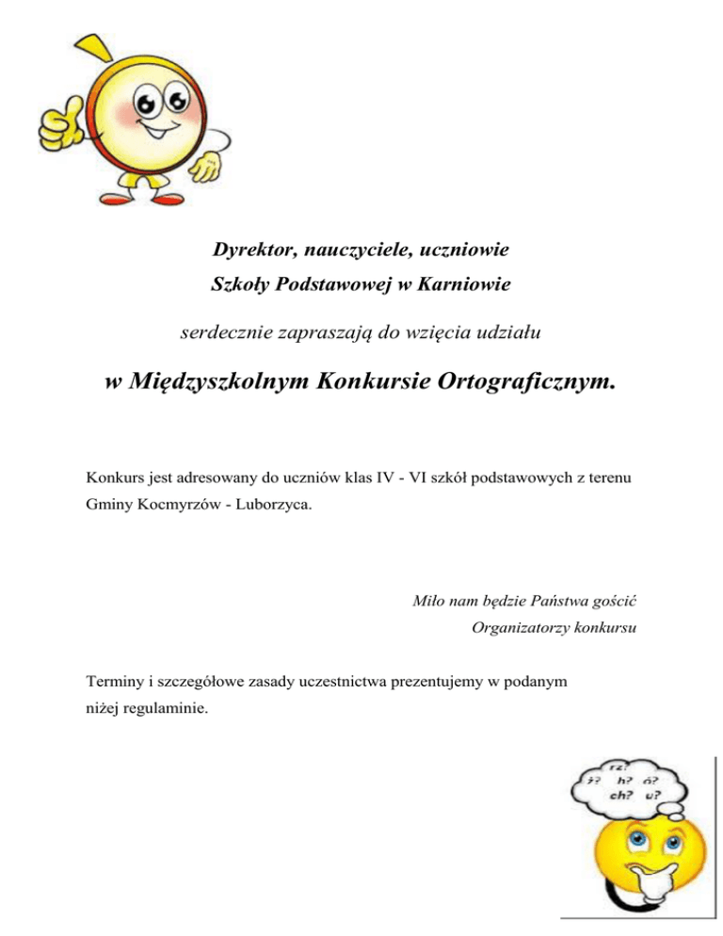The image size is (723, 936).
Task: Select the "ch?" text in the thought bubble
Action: [600, 793]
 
